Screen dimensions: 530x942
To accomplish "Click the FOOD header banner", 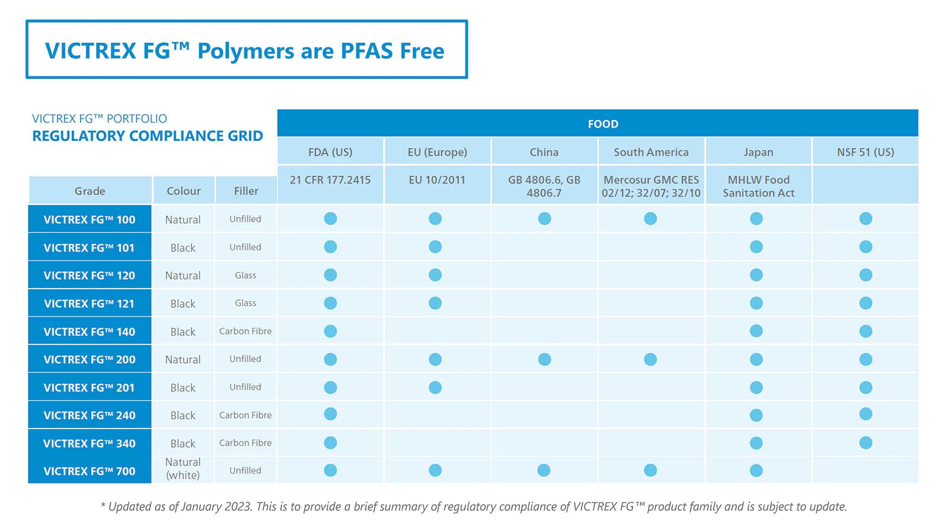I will point(603,124).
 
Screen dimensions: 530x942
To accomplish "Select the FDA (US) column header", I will point(330,152).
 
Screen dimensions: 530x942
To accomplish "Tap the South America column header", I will point(651,152).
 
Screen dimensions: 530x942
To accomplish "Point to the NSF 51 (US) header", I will point(865,152).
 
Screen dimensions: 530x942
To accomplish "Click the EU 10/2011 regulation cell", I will point(437,180).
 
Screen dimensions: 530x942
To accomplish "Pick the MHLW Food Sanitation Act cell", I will point(758,186).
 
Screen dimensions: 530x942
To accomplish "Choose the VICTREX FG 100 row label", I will point(90,219).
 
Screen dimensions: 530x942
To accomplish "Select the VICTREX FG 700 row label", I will point(90,471).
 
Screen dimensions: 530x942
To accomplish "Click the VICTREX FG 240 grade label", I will point(90,415).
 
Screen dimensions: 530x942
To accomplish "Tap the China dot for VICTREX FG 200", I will point(545,359).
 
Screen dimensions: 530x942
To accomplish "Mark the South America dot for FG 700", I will point(650,470).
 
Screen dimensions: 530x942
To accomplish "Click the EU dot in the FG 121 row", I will point(435,303).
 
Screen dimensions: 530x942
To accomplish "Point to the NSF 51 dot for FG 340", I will point(866,443).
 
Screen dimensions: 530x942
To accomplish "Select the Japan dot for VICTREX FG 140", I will point(756,331).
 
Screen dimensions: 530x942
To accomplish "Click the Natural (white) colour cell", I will point(183,468).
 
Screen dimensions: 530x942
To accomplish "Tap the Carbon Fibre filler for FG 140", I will point(245,331).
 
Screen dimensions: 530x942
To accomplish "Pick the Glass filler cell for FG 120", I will point(245,275).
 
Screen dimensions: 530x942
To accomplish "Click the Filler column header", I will point(246,191).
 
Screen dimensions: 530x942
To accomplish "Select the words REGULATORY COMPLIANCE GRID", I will point(148,136).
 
